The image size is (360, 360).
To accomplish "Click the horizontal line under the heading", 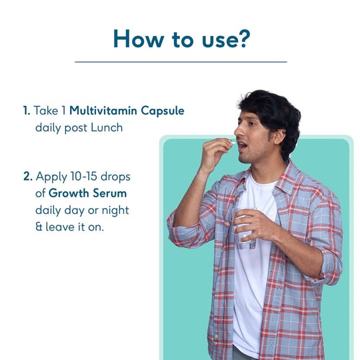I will click(x=180, y=62).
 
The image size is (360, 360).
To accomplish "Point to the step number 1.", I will click(x=25, y=111).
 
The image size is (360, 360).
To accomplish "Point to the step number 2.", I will click(x=27, y=177).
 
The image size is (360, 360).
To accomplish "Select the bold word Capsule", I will click(x=160, y=111).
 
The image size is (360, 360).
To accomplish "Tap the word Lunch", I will click(x=109, y=127).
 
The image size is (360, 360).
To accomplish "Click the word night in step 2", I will click(x=115, y=210).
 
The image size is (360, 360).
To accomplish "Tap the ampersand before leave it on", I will click(x=39, y=227).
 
